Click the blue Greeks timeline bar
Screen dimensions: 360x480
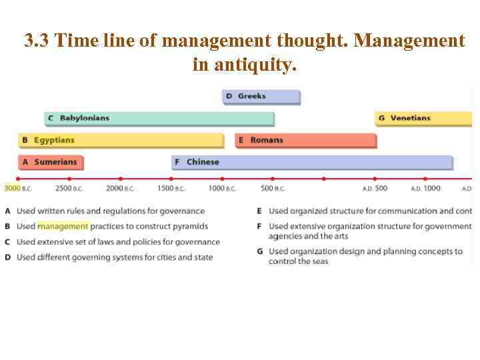[261, 97]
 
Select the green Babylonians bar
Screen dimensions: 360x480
[159, 119]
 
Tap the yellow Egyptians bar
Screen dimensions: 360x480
[121, 141]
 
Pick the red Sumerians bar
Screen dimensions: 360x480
[51, 162]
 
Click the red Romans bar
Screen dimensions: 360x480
[306, 141]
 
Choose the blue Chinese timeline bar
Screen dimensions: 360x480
[313, 162]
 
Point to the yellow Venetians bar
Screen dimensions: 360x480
[423, 119]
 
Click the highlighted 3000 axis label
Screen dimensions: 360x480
[13, 189]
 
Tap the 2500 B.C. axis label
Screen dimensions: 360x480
[69, 189]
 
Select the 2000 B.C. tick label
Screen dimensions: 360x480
[120, 189]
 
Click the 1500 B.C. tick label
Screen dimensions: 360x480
[171, 189]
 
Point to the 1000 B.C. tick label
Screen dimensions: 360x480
[222, 189]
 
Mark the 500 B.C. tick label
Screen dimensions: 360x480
[273, 189]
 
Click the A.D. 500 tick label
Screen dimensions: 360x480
[375, 189]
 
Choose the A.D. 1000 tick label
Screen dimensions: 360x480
[425, 189]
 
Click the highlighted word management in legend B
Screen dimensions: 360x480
[63, 227]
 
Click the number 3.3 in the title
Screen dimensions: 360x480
[37, 41]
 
